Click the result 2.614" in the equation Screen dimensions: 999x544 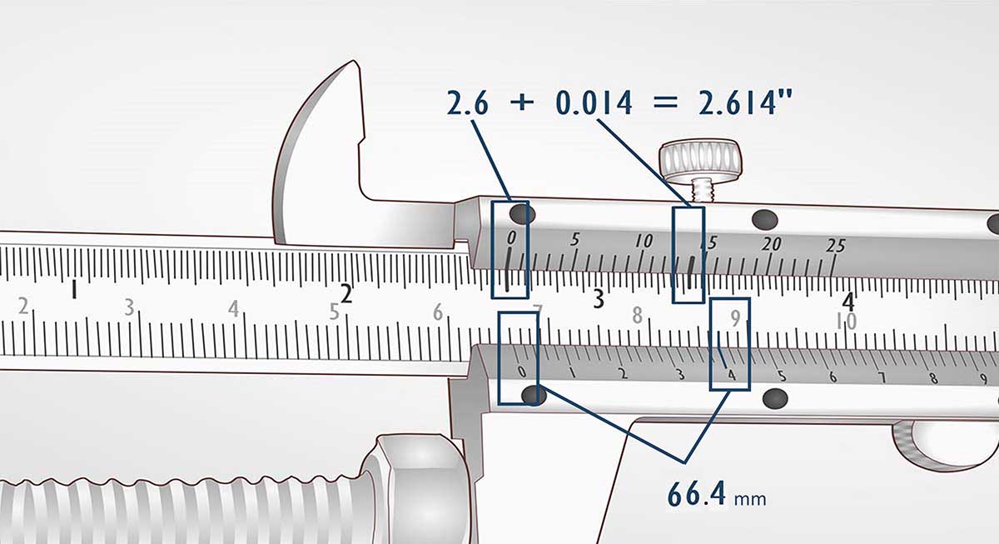745,103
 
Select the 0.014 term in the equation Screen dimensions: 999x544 594,103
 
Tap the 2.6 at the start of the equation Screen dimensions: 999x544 468,102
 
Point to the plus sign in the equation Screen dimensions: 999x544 522,103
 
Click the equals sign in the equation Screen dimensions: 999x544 665,103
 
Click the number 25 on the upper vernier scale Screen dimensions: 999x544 836,246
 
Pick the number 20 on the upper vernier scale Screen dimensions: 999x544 772,243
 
